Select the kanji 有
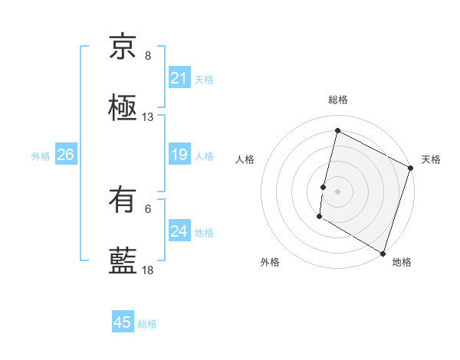point(123,200)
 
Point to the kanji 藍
point(123,260)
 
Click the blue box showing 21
point(179,78)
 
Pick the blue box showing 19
point(179,155)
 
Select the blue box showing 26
point(65,155)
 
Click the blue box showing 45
point(123,322)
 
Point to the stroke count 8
point(148,55)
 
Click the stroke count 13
point(148,117)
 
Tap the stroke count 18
point(148,270)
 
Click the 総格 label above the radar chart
point(337,100)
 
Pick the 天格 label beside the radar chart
point(431,159)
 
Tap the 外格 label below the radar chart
point(270,262)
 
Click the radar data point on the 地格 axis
point(383,253)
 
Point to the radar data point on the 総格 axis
point(337,131)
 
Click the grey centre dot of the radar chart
point(337,190)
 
